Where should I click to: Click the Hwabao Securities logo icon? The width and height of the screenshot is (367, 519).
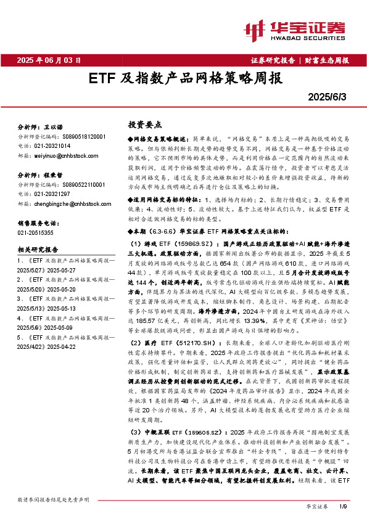[x=255, y=29]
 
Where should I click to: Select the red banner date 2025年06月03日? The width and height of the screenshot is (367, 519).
[x=49, y=60]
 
